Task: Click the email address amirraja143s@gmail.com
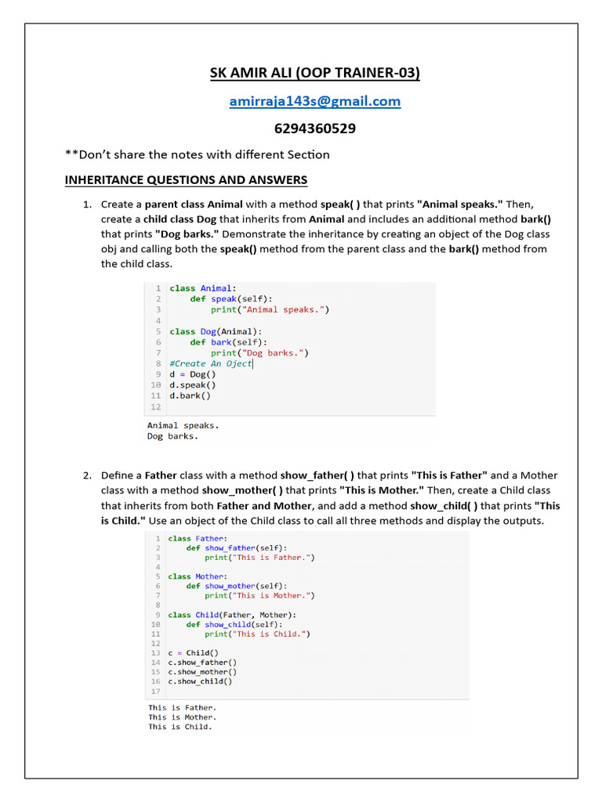[x=314, y=101]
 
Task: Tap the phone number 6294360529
[x=314, y=128]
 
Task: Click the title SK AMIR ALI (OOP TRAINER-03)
[x=314, y=73]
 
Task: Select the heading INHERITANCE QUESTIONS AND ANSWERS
[x=186, y=180]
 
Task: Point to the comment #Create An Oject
[x=210, y=363]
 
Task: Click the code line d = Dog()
[x=192, y=374]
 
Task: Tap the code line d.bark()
[x=190, y=396]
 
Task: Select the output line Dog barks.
[x=172, y=436]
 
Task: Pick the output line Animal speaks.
[x=183, y=425]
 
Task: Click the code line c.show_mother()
[x=202, y=671]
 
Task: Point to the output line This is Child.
[x=180, y=727]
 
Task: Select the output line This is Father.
[x=182, y=707]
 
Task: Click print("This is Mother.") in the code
[x=259, y=595]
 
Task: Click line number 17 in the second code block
[x=155, y=691]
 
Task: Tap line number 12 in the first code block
[x=155, y=406]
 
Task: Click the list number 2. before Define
[x=88, y=475]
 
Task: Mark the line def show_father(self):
[x=236, y=548]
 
